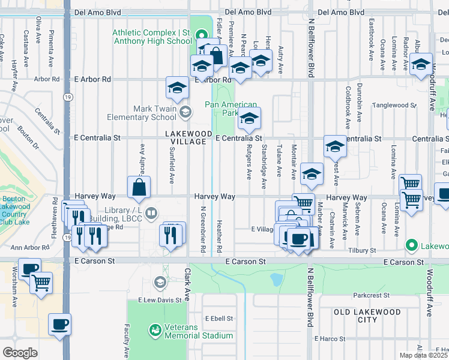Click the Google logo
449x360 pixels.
click(20, 353)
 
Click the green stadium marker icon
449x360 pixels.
click(155, 330)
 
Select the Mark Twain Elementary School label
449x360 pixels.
click(142, 113)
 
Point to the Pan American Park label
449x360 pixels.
click(231, 108)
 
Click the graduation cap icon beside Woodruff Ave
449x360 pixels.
click(421, 64)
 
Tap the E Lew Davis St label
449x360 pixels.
click(160, 299)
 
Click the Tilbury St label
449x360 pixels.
click(364, 250)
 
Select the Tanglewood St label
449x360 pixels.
click(394, 105)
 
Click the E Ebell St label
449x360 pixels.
click(218, 319)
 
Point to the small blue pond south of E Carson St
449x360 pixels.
click(276, 279)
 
